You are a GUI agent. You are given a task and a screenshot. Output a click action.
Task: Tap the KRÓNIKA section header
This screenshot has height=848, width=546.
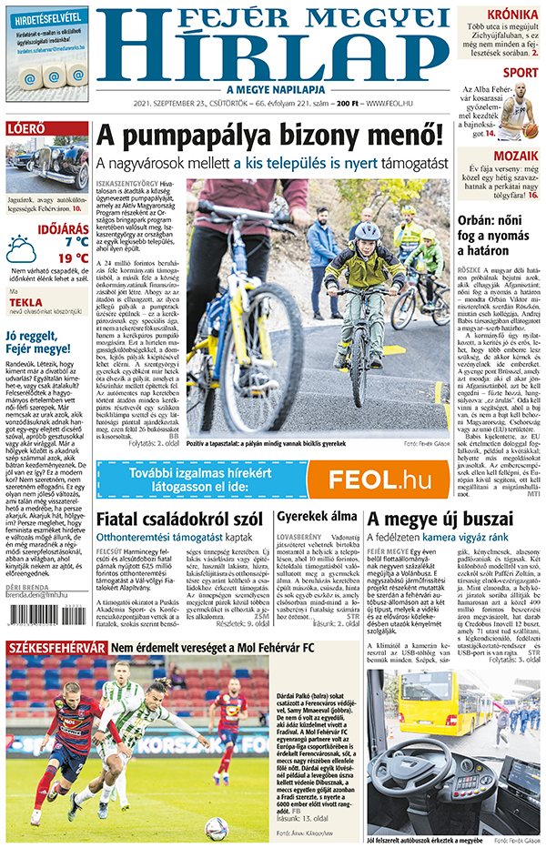[x=511, y=15]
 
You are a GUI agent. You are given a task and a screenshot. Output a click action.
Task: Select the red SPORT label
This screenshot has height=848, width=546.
[x=521, y=73]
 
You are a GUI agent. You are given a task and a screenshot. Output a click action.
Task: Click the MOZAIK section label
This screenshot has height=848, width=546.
[x=516, y=156]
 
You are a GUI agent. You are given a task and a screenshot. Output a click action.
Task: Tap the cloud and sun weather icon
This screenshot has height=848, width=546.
[x=21, y=248]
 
